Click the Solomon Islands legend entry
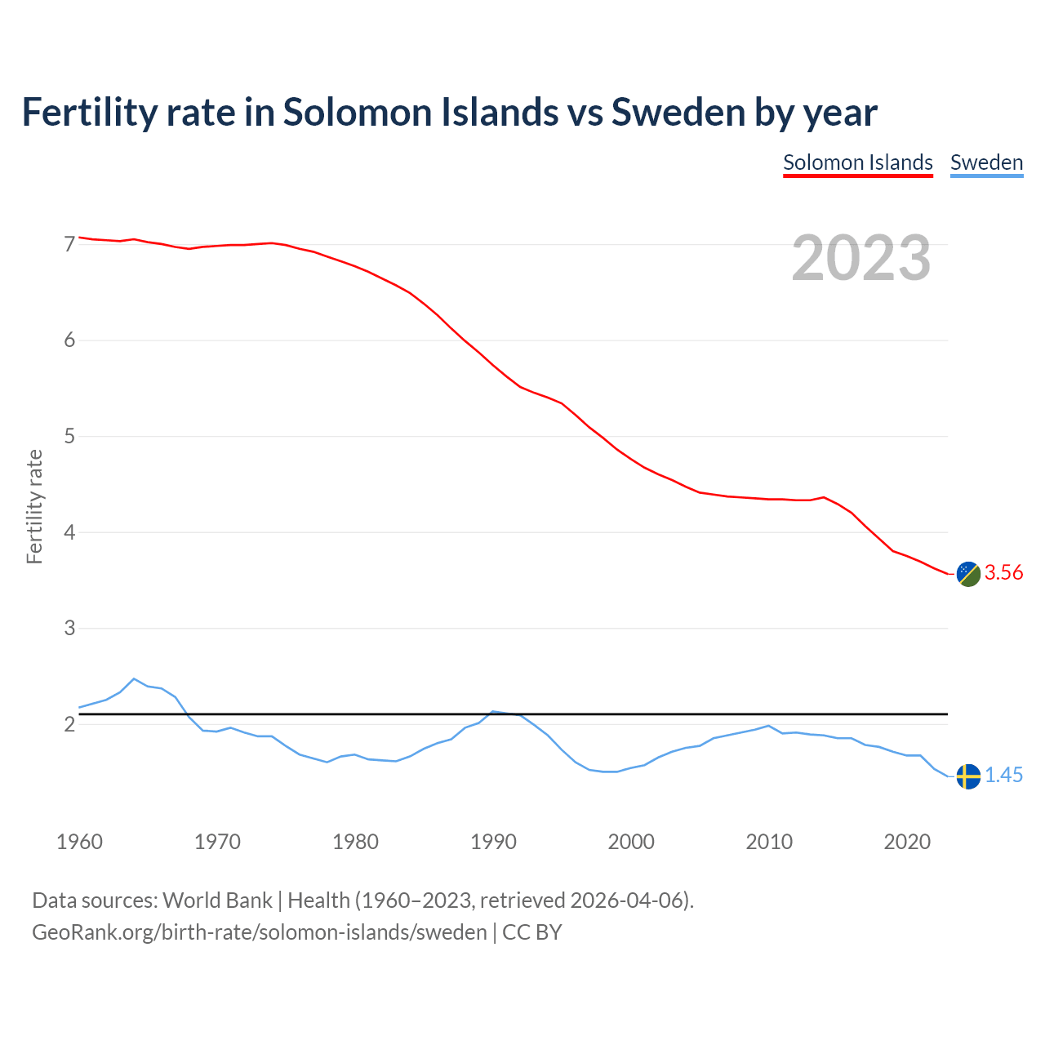coord(857,162)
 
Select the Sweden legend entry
coord(986,162)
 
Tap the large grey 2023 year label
coord(861,258)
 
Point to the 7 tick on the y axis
coord(69,244)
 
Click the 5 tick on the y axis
coord(69,436)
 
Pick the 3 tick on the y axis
coord(69,628)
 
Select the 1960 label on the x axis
coord(79,842)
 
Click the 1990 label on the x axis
coord(493,842)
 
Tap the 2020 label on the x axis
coord(907,842)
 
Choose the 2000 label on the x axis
coord(631,842)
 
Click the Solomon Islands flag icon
coord(967,574)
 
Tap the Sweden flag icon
coord(967,776)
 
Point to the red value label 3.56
coord(1003,573)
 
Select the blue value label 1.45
coord(1003,776)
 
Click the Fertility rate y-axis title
coord(34,506)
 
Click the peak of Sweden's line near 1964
coord(134,679)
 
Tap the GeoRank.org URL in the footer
coord(259,932)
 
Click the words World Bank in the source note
coord(217,900)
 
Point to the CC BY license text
coord(532,932)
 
